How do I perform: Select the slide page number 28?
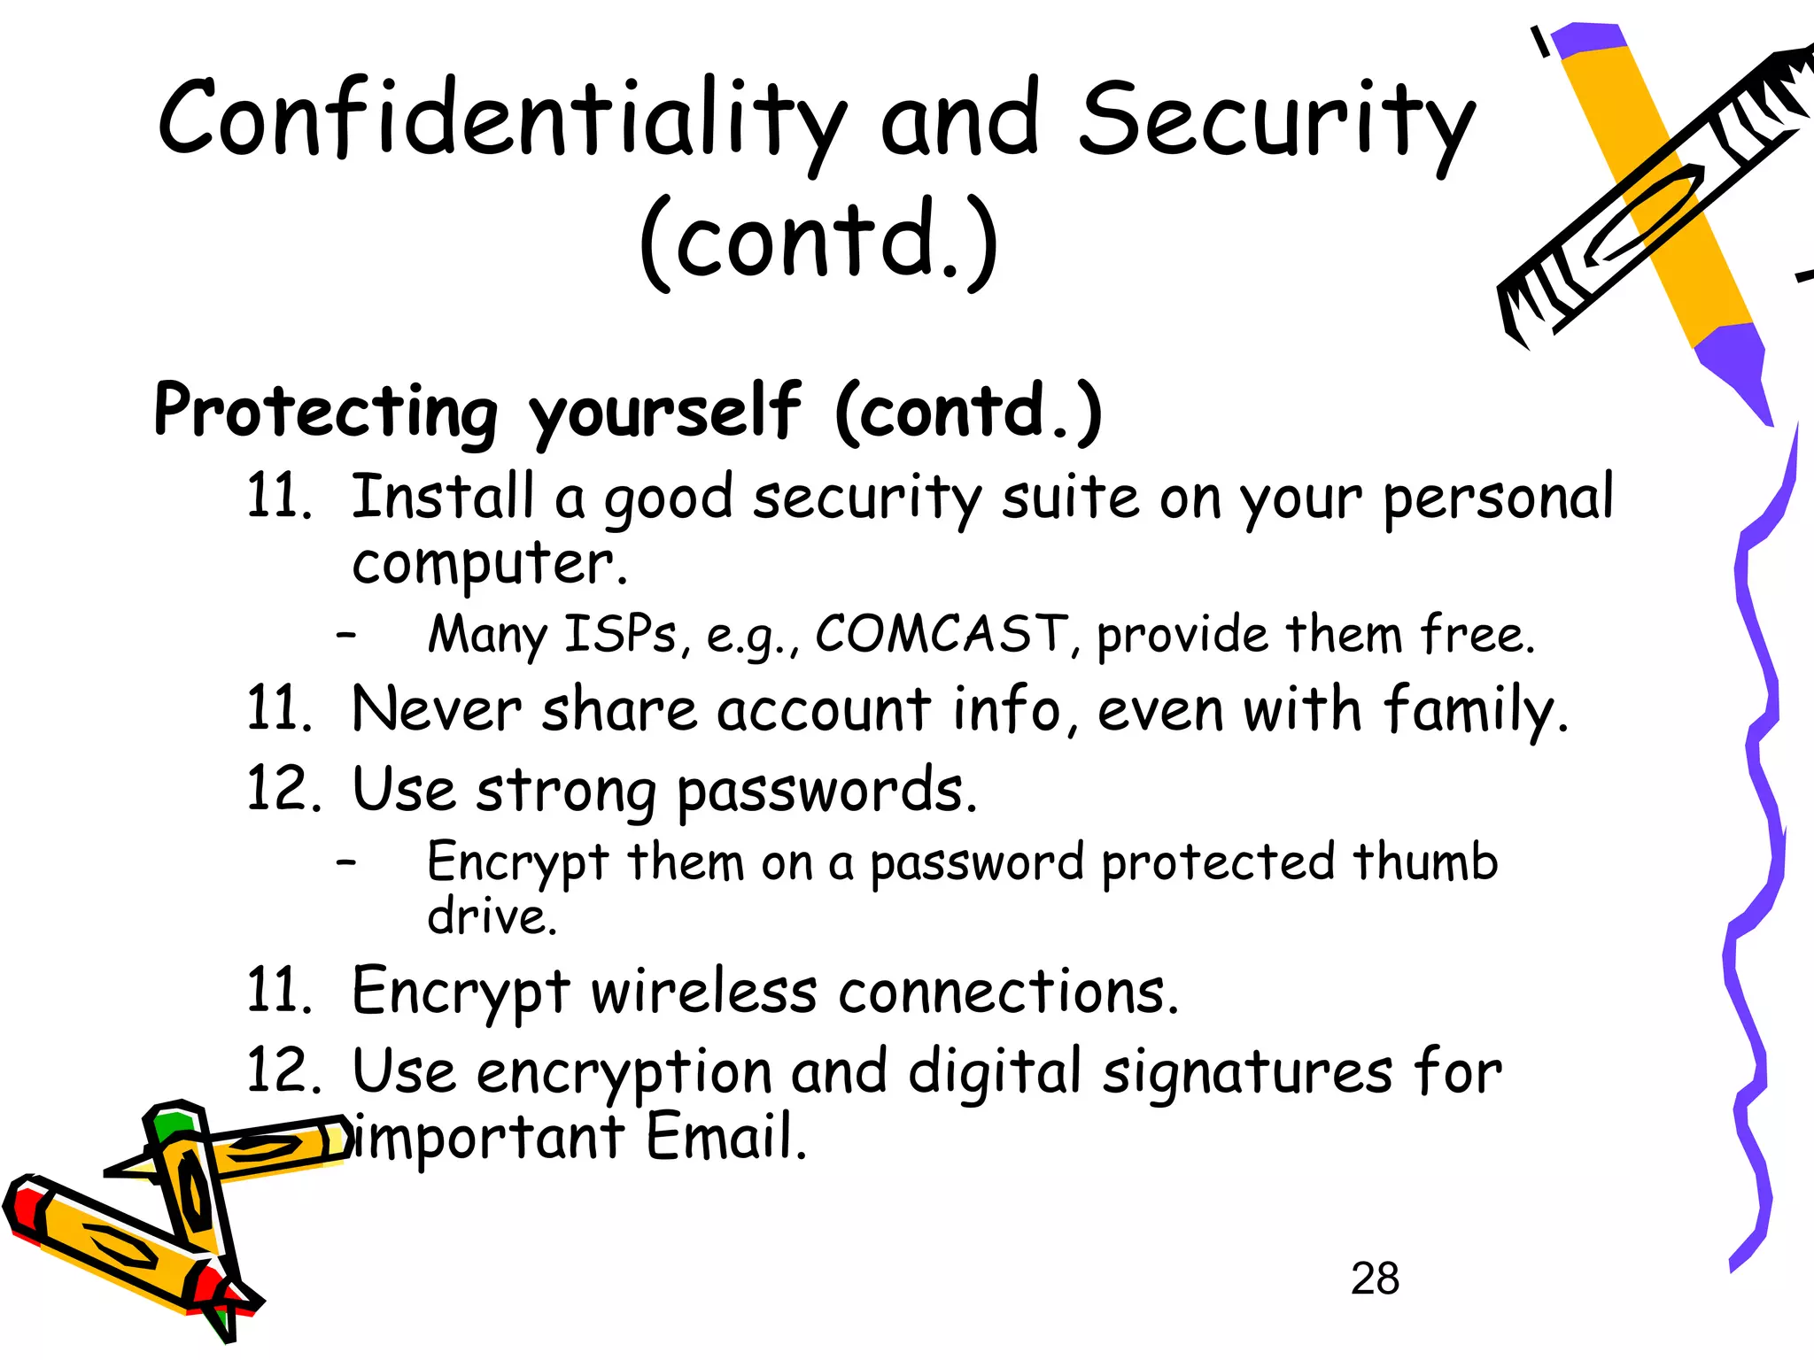point(1375,1279)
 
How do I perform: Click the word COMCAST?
point(941,634)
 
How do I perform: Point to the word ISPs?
point(620,634)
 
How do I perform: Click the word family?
point(1474,711)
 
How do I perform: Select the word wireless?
point(704,991)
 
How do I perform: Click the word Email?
point(725,1137)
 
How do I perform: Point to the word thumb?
point(1424,862)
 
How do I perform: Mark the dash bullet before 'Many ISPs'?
point(346,634)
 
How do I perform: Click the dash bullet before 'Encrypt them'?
point(346,861)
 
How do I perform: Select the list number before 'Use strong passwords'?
point(282,789)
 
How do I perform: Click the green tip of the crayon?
point(174,1125)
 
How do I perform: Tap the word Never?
point(437,710)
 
